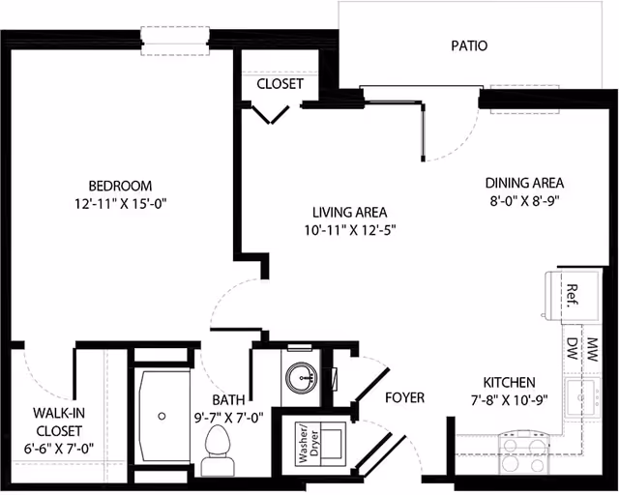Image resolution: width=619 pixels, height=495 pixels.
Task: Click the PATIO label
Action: click(x=469, y=45)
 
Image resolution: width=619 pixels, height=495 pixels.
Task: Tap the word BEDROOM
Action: click(x=121, y=186)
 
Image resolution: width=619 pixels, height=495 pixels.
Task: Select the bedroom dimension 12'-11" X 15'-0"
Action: click(x=121, y=204)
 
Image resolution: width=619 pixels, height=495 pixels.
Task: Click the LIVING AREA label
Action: click(x=349, y=212)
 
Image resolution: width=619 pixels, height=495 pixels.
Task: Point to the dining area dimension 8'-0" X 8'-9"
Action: click(x=524, y=201)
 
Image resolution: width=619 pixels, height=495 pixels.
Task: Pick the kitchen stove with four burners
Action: click(x=522, y=452)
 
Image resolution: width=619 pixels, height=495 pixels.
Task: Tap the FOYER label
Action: click(x=404, y=397)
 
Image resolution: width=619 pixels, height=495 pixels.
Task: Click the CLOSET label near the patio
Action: click(x=280, y=84)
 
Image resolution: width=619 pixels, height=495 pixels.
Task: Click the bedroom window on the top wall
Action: click(x=175, y=40)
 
